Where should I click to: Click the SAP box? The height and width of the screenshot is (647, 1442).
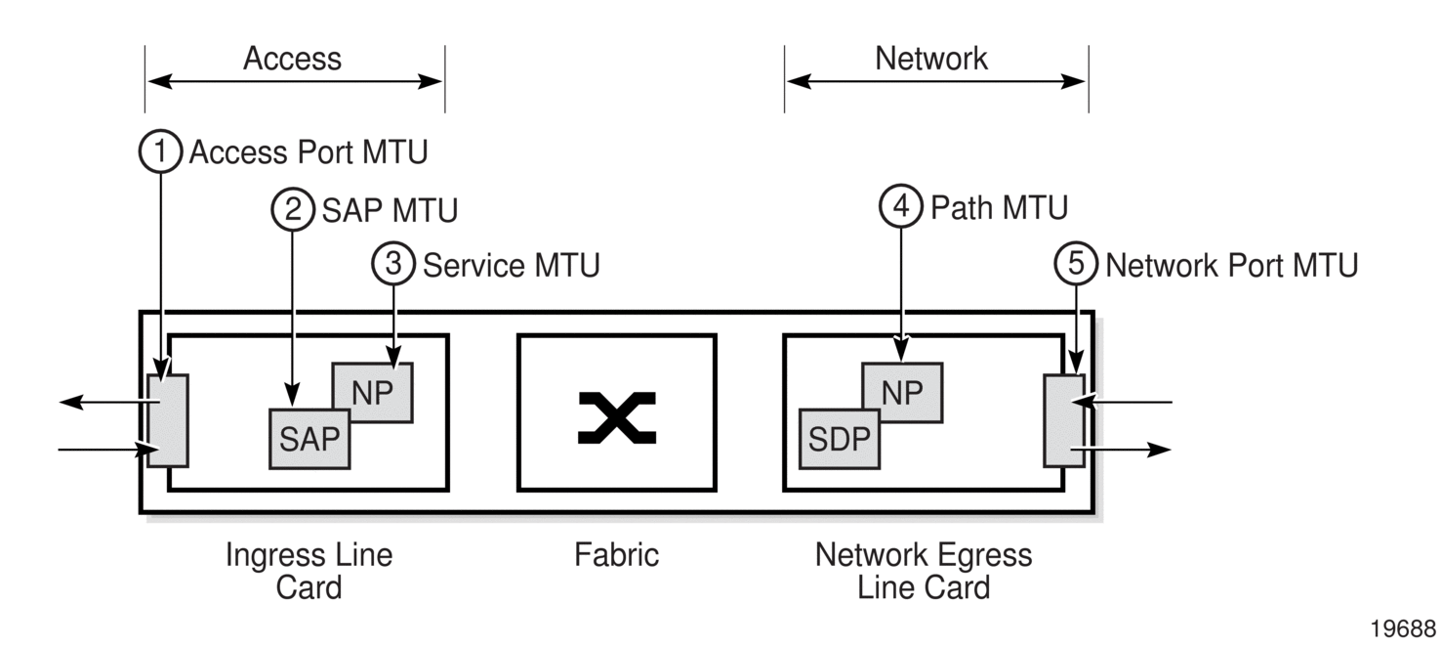pyautogui.click(x=309, y=439)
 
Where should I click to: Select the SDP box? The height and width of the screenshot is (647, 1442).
pyautogui.click(x=839, y=439)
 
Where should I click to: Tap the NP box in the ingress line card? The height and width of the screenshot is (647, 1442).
pyautogui.click(x=373, y=392)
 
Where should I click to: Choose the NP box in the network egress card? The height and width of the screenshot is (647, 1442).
pyautogui.click(x=902, y=392)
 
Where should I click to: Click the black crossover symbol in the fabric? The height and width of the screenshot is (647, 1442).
pyautogui.click(x=617, y=417)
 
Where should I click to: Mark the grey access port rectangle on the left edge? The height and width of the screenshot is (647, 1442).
pyautogui.click(x=168, y=420)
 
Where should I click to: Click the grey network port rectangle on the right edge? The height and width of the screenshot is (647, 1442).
pyautogui.click(x=1064, y=420)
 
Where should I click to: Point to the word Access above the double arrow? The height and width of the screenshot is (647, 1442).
pyautogui.click(x=292, y=59)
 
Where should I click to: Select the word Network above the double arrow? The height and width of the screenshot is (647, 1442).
pyautogui.click(x=930, y=59)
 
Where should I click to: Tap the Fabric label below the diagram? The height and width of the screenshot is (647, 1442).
pyautogui.click(x=616, y=555)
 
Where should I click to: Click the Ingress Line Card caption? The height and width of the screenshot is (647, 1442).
pyautogui.click(x=309, y=571)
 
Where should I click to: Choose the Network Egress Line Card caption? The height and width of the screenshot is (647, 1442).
pyautogui.click(x=924, y=571)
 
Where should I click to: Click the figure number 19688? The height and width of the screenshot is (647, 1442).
pyautogui.click(x=1403, y=628)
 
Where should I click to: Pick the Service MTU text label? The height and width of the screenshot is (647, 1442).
pyautogui.click(x=512, y=266)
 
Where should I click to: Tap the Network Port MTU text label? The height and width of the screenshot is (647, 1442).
pyautogui.click(x=1231, y=266)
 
